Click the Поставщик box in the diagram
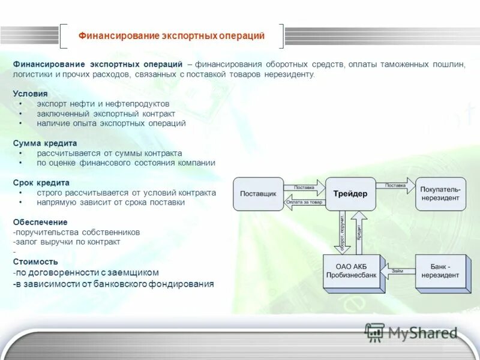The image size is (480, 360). (x=257, y=194)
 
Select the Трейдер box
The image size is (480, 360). (x=350, y=194)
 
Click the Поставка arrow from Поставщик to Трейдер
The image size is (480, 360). (x=304, y=187)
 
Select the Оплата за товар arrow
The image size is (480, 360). (x=304, y=202)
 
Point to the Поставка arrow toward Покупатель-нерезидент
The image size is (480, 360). (x=395, y=185)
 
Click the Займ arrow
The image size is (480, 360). (x=399, y=271)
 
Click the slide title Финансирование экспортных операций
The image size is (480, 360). (x=172, y=36)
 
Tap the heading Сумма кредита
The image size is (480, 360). (x=45, y=143)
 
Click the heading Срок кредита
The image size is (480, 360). (x=41, y=182)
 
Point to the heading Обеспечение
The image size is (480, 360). (x=40, y=222)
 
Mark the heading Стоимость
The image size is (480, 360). (x=35, y=262)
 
